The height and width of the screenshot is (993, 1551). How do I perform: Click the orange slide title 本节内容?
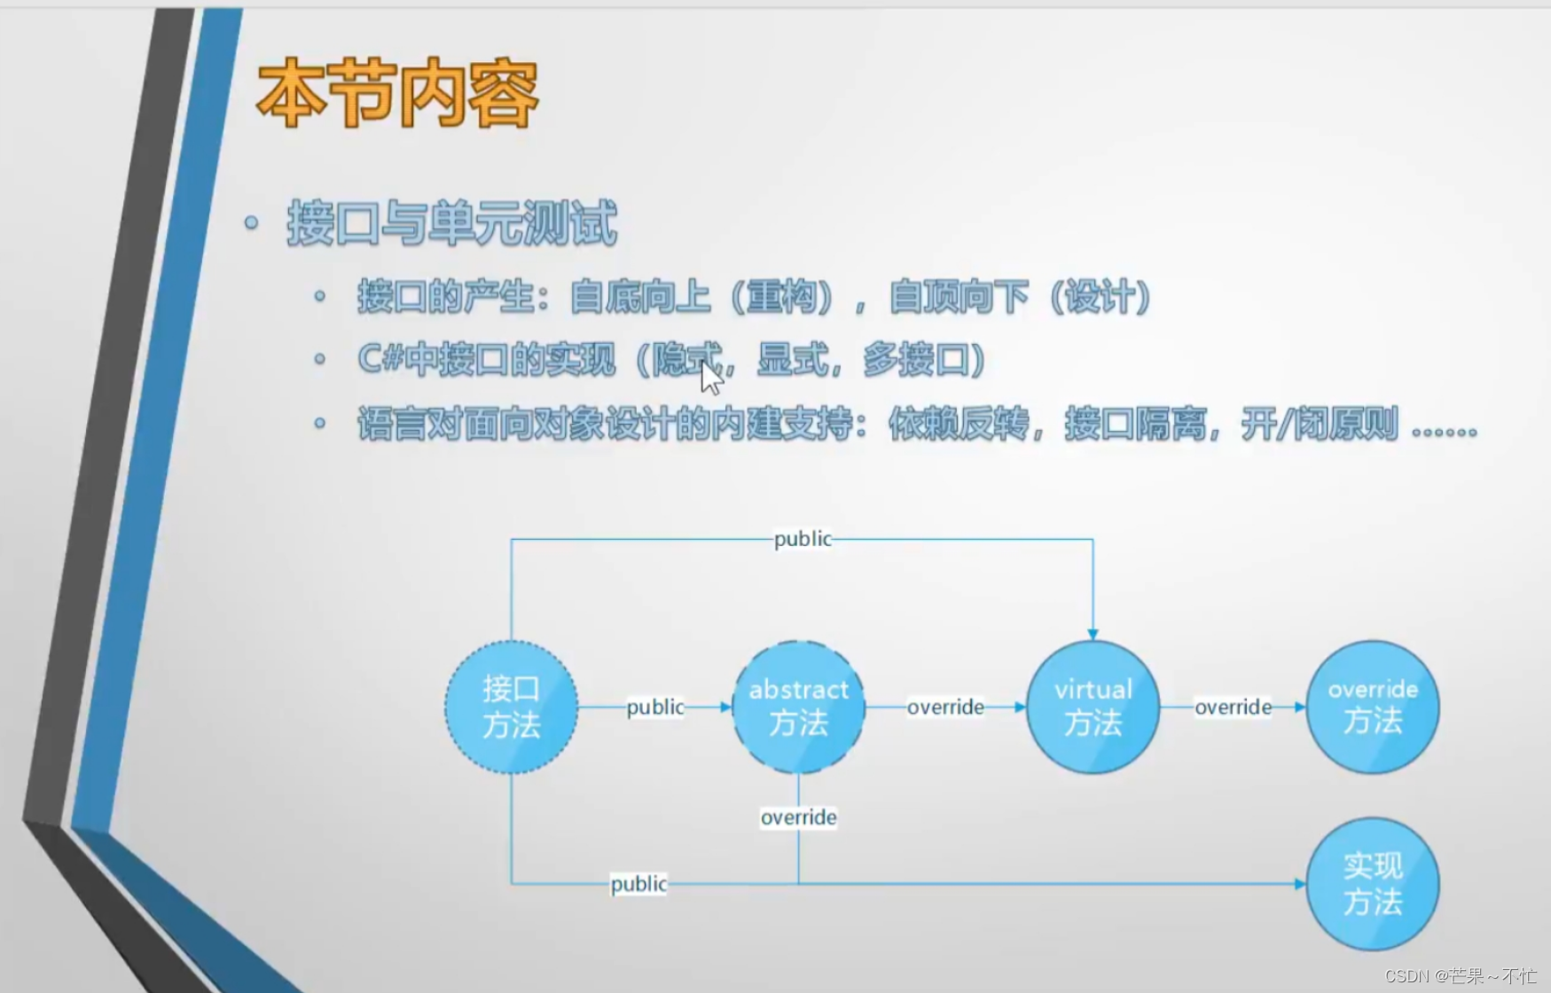point(396,94)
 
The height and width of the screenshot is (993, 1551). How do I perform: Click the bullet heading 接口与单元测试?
point(451,223)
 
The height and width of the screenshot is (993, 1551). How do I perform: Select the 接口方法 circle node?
point(512,708)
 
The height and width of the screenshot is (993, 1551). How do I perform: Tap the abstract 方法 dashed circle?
point(798,708)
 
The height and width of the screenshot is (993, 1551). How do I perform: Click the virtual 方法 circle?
point(1093,708)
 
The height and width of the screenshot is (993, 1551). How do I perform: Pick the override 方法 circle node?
point(1372,708)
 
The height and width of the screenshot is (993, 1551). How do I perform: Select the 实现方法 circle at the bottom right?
point(1372,884)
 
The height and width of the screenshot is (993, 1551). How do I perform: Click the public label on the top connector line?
point(803,539)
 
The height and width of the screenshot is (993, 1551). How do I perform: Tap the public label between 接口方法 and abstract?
point(655,708)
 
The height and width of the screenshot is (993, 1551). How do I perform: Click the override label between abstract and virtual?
point(945,708)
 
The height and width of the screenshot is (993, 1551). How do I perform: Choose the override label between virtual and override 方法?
point(1233,708)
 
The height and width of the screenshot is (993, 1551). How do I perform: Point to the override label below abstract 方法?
point(798,817)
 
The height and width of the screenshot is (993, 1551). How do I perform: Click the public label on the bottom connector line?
point(638,884)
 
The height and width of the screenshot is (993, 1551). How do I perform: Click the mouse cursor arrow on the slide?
point(710,377)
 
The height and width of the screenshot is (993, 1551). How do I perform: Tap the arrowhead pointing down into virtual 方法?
point(1093,634)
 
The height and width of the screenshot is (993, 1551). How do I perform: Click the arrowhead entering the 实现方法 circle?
point(1299,884)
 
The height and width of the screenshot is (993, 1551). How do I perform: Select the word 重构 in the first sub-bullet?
point(780,297)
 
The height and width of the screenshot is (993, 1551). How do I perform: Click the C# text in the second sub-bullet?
point(380,360)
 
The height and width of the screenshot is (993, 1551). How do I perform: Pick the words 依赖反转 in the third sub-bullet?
point(958,425)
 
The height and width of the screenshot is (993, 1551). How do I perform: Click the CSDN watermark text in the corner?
point(1460,976)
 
